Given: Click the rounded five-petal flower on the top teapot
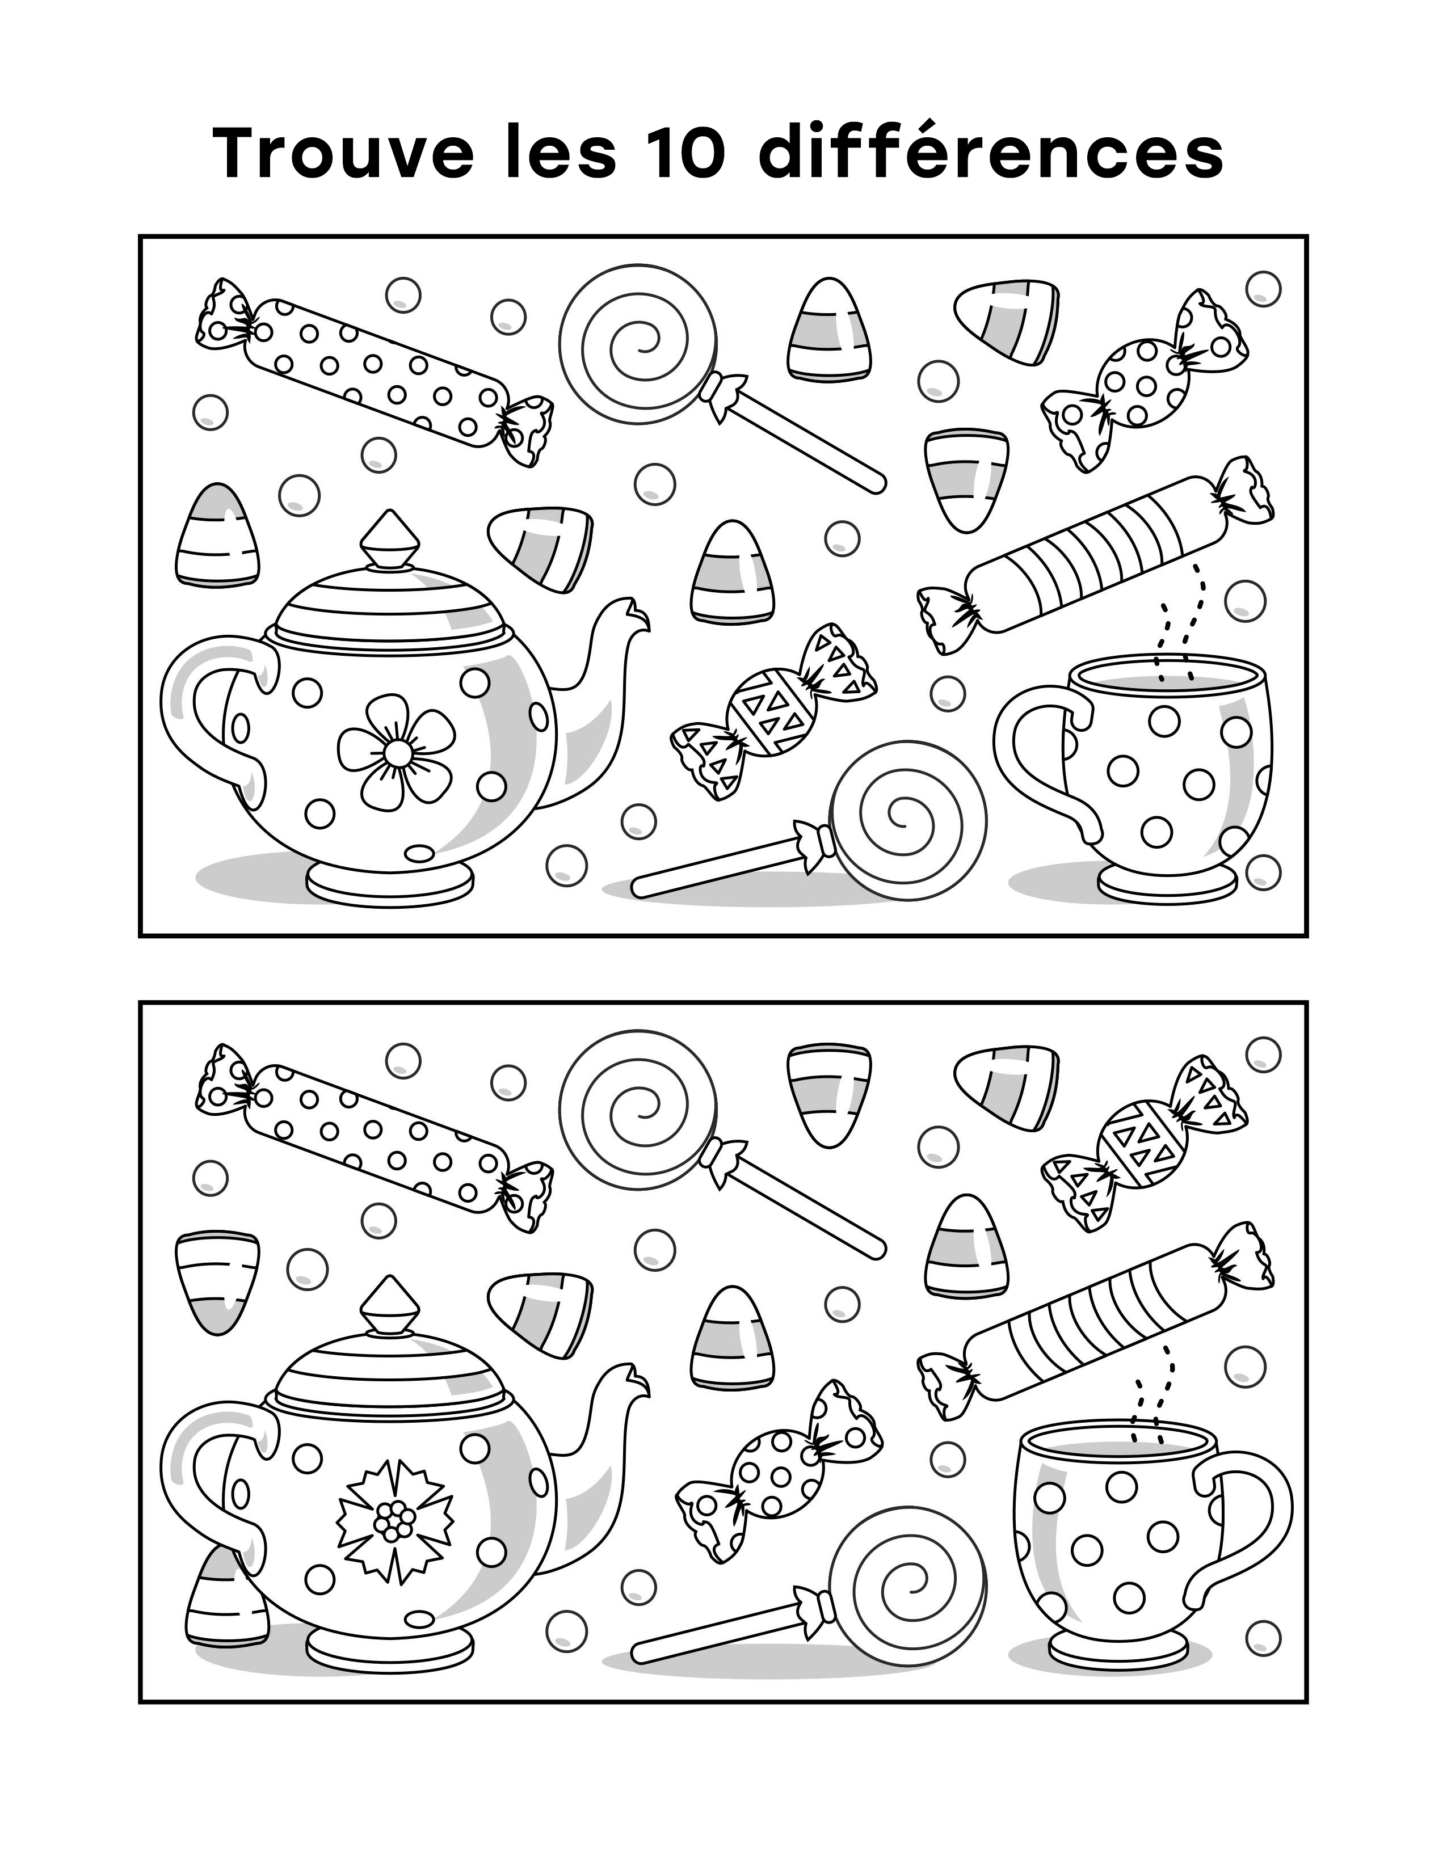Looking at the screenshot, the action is (x=396, y=752).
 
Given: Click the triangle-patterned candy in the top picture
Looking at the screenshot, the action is (x=773, y=711).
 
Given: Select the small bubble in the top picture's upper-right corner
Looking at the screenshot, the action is (x=1263, y=288).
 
